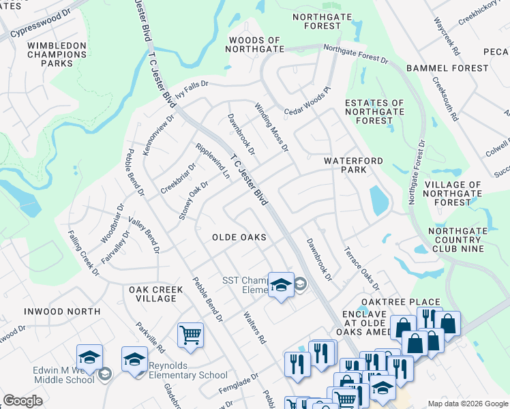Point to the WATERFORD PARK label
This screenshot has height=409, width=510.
coord(353,165)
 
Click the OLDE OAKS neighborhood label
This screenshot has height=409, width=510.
coord(239,237)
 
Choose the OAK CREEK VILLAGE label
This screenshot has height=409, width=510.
coord(156,294)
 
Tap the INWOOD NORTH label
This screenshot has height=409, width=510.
coord(62,312)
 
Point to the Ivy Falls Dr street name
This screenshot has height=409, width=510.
coord(192,90)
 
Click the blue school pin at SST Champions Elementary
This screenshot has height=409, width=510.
coord(280,284)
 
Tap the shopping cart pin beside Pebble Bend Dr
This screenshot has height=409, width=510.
coord(190,335)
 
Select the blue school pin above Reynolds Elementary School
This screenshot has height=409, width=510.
coord(134,359)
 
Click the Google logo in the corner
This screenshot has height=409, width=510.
coord(22,401)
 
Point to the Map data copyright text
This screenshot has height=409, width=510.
coord(468,404)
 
